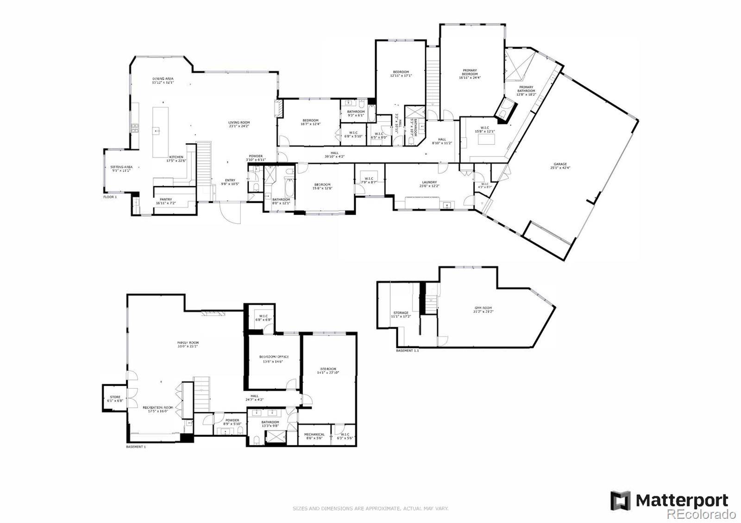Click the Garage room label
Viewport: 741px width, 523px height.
[x=560, y=164]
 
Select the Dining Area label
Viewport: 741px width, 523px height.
[x=163, y=79]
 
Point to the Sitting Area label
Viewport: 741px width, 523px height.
[x=121, y=167]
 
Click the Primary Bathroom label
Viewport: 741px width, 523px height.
[x=526, y=87]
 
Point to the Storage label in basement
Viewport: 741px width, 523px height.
[x=401, y=313]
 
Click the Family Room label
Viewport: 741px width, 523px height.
[x=188, y=343]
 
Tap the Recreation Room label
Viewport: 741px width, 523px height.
[x=160, y=408]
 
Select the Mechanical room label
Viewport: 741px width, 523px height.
[x=314, y=435]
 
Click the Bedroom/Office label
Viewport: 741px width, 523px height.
[x=274, y=357]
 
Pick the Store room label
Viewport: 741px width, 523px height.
[x=115, y=397]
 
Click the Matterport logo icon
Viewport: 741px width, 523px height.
[x=620, y=501]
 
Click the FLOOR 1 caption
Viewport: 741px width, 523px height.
[x=110, y=197]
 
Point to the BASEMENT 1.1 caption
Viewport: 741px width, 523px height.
[x=407, y=350]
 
